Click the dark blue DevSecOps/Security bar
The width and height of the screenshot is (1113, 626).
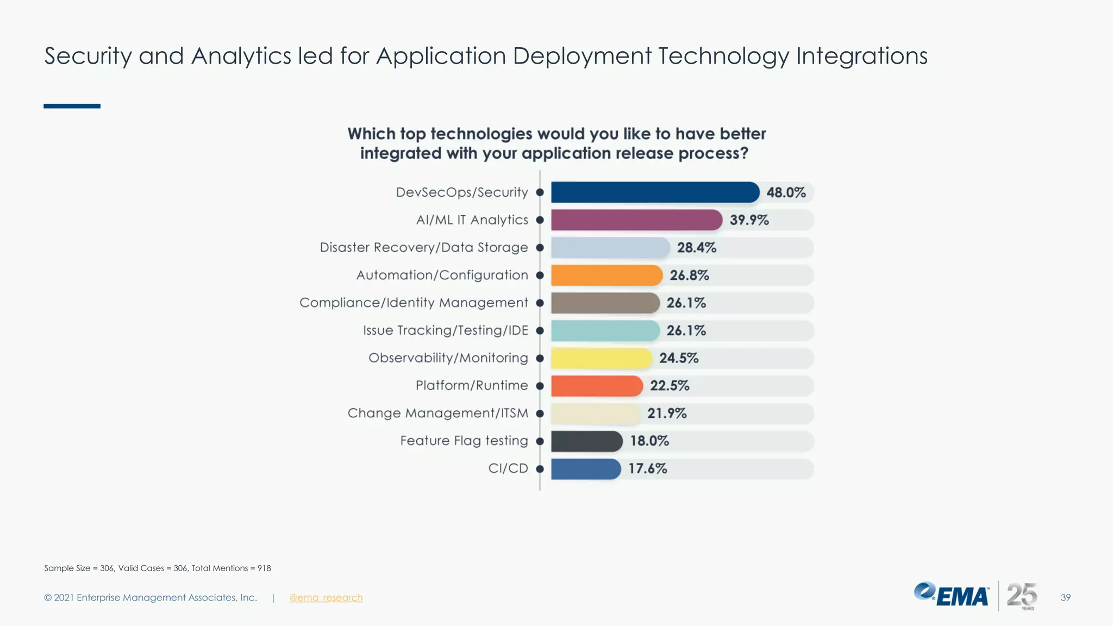(x=655, y=192)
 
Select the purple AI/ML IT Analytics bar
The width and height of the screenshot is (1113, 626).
(x=636, y=220)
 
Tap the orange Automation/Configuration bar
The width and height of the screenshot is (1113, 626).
(x=606, y=276)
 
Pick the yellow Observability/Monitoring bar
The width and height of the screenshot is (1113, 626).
(x=601, y=358)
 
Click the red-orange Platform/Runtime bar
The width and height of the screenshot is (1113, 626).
(x=597, y=386)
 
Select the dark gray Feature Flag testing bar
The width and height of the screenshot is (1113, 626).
(x=586, y=441)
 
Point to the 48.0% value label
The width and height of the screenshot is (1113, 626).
(x=786, y=192)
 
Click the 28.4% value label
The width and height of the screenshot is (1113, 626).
(x=696, y=248)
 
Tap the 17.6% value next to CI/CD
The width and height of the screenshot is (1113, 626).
(x=647, y=468)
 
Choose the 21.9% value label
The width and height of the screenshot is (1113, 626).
(x=667, y=414)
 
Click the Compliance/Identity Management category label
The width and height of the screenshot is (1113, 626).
(x=414, y=303)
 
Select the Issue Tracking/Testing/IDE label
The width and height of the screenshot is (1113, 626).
(x=445, y=330)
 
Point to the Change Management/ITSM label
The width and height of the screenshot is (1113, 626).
(x=437, y=414)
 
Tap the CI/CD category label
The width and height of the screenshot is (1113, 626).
(x=508, y=468)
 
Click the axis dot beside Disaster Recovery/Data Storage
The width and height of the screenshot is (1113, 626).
(x=540, y=248)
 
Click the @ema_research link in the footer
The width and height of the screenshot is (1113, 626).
(x=326, y=598)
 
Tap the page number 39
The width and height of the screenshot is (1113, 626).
(x=1065, y=598)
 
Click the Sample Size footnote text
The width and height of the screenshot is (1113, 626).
(x=157, y=568)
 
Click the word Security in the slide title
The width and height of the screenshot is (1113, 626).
(x=88, y=57)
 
